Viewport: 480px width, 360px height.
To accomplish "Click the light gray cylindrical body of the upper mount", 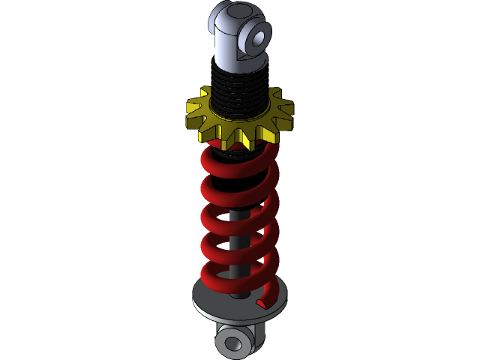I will point(226,52).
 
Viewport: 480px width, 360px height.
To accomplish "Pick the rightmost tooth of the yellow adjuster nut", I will point(286,112).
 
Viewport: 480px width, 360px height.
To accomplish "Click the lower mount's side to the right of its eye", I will point(259,337).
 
